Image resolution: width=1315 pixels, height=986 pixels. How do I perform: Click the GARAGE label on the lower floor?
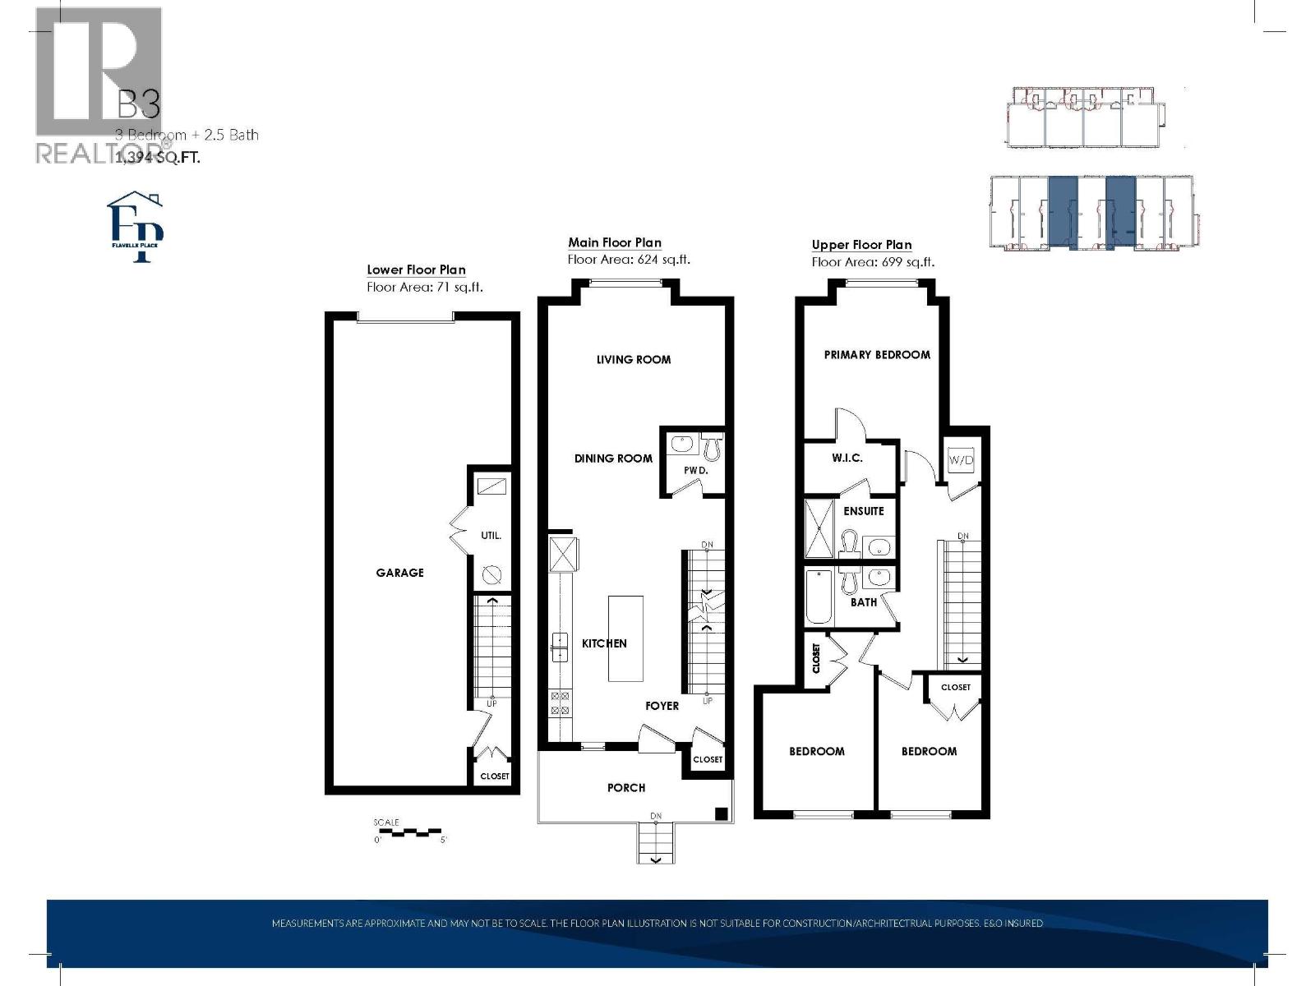(x=399, y=573)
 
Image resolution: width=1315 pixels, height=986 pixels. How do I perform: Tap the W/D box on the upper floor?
(x=961, y=459)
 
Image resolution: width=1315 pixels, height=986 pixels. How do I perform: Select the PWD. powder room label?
(x=695, y=471)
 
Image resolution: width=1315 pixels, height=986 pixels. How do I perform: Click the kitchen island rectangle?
(x=625, y=638)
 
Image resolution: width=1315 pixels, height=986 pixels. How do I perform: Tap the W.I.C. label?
(x=847, y=458)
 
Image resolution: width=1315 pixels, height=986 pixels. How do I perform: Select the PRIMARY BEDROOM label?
(x=877, y=355)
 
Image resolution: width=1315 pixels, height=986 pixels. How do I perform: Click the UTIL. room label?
(x=491, y=536)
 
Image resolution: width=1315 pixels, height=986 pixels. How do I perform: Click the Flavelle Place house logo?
(x=136, y=227)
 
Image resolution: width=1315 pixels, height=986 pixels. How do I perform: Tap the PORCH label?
(x=626, y=788)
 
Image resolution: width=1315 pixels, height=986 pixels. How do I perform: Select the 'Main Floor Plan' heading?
(x=615, y=242)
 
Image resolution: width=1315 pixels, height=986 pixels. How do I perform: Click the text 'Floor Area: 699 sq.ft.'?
(x=873, y=262)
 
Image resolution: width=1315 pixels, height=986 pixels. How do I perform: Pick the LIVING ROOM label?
(x=634, y=359)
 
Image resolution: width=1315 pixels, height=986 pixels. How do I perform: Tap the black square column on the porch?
(x=721, y=814)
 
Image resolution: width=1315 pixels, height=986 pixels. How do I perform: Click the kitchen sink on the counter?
(x=560, y=647)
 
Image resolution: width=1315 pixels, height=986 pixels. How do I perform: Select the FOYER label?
(x=662, y=706)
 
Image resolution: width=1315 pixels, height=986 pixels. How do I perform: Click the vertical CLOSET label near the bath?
(x=816, y=659)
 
